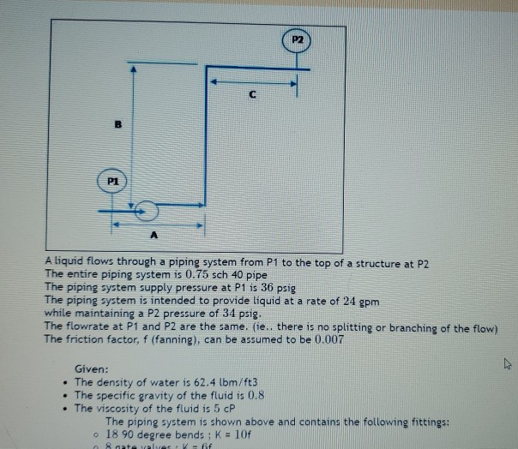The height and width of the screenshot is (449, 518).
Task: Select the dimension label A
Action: [x=154, y=236]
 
